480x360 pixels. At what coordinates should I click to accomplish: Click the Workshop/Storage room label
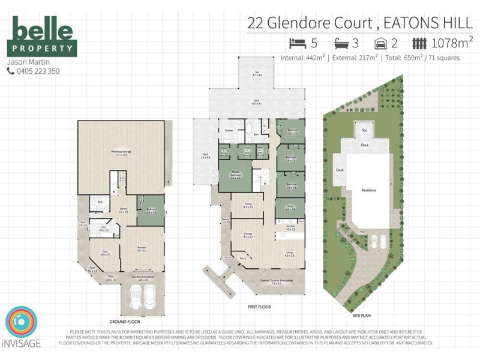click(121, 152)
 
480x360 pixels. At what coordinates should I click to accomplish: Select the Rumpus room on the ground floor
click(142, 248)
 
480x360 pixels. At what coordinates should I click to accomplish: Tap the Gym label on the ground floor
click(104, 254)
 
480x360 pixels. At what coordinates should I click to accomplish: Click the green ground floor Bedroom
click(151, 211)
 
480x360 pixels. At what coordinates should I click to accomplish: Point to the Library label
click(123, 210)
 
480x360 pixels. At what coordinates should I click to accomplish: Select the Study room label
click(290, 208)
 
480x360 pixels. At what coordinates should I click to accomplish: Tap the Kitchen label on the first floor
click(290, 227)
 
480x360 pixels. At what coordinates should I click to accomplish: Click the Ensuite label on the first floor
click(229, 130)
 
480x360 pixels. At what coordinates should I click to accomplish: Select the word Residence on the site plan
click(368, 190)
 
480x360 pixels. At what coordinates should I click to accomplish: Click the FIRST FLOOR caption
click(259, 307)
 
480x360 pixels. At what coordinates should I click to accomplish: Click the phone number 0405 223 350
click(37, 71)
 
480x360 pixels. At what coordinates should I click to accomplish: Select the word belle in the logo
click(42, 30)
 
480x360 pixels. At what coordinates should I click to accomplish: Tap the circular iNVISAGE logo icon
click(21, 322)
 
